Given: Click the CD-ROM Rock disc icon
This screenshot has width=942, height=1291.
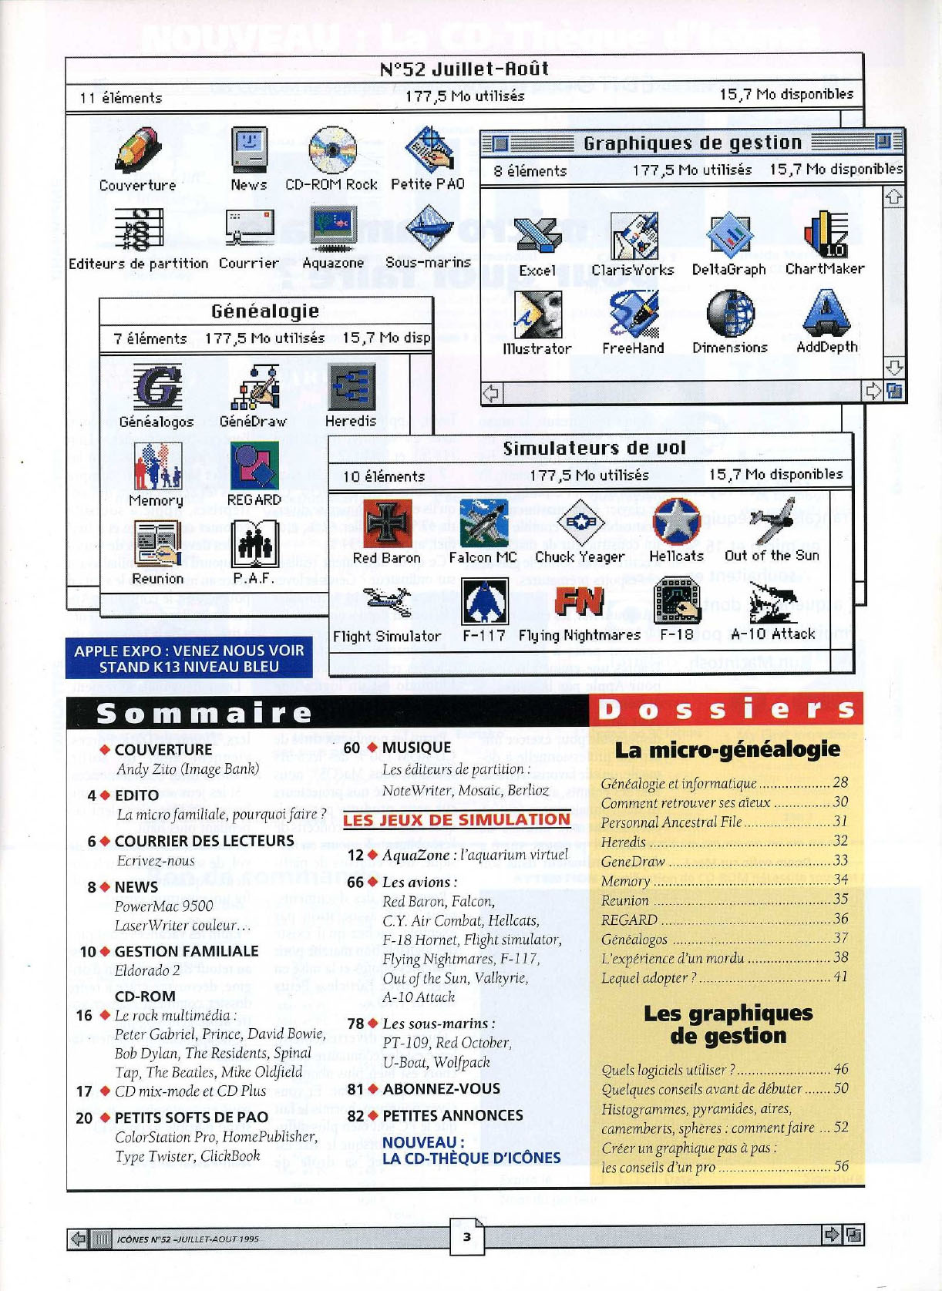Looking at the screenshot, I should [332, 150].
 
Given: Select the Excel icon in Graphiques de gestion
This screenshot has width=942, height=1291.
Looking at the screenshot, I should [537, 235].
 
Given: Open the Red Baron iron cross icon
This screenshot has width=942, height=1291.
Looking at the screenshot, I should [386, 523].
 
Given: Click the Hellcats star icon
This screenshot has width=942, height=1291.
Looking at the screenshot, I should [676, 521].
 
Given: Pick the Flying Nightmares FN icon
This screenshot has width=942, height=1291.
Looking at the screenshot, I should [579, 602].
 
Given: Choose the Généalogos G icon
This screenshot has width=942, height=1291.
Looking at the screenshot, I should [157, 387].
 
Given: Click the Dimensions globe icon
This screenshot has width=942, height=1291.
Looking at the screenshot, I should [729, 313].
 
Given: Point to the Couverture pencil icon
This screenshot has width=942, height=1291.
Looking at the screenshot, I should [138, 150].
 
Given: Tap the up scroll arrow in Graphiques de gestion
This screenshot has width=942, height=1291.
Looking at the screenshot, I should [893, 197].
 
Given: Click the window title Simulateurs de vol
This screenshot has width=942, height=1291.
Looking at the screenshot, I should [594, 449].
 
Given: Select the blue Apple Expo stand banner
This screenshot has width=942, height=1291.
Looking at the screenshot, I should [189, 658].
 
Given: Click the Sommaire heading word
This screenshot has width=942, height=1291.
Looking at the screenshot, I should [204, 714].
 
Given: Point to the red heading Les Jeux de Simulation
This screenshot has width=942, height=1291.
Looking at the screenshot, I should [456, 820].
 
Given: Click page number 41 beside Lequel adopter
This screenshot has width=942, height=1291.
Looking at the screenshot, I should [840, 977].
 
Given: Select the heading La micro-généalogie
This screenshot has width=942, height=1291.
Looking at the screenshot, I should [727, 749].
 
